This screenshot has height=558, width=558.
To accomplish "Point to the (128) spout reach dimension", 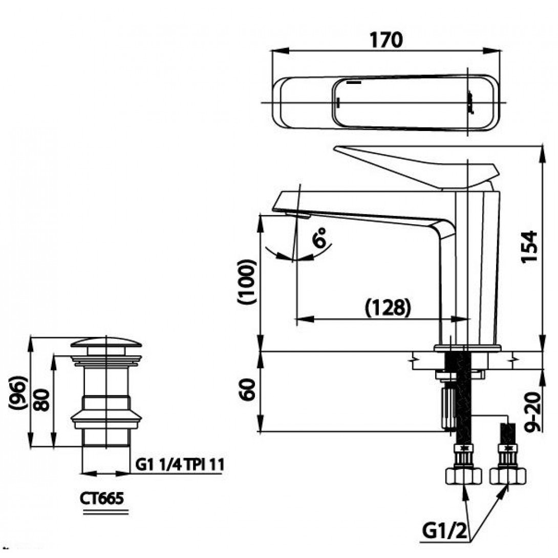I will pos(388,307).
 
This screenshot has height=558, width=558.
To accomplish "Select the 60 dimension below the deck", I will pos(247,391).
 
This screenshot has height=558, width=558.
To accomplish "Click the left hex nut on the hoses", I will pos(464,477).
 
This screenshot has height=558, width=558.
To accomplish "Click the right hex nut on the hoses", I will pos(507,477).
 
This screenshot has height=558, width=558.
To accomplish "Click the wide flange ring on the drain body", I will pos(106,419).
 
